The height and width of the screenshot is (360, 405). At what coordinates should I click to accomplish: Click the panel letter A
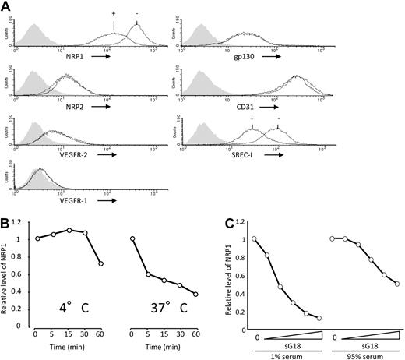click(x=6, y=6)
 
